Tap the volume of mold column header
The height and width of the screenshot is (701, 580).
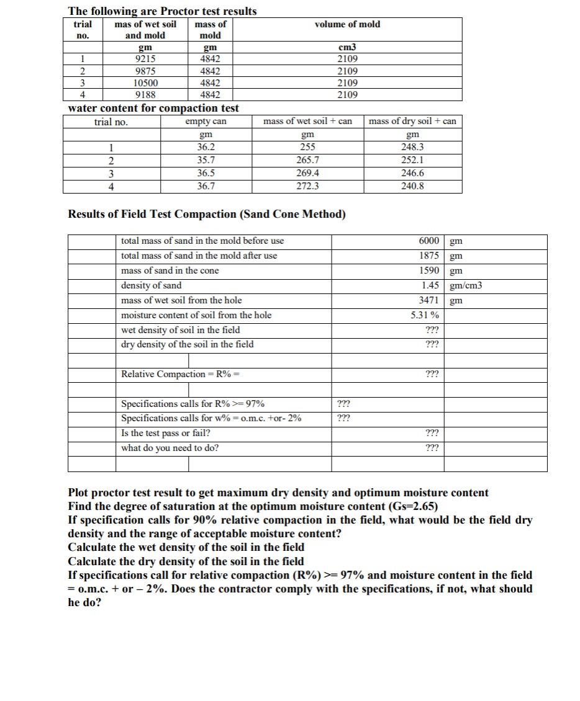pyautogui.click(x=347, y=24)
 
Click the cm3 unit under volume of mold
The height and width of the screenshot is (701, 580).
pyautogui.click(x=347, y=47)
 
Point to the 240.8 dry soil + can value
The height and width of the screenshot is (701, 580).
pyautogui.click(x=413, y=185)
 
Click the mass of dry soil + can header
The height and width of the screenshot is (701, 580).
pyautogui.click(x=413, y=121)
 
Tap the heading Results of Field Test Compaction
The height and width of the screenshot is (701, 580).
pyautogui.click(x=207, y=215)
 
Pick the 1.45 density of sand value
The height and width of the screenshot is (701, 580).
pyautogui.click(x=431, y=285)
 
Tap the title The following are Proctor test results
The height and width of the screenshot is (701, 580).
pyautogui.click(x=161, y=11)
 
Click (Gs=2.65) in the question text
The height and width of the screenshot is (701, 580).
pyautogui.click(x=407, y=506)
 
